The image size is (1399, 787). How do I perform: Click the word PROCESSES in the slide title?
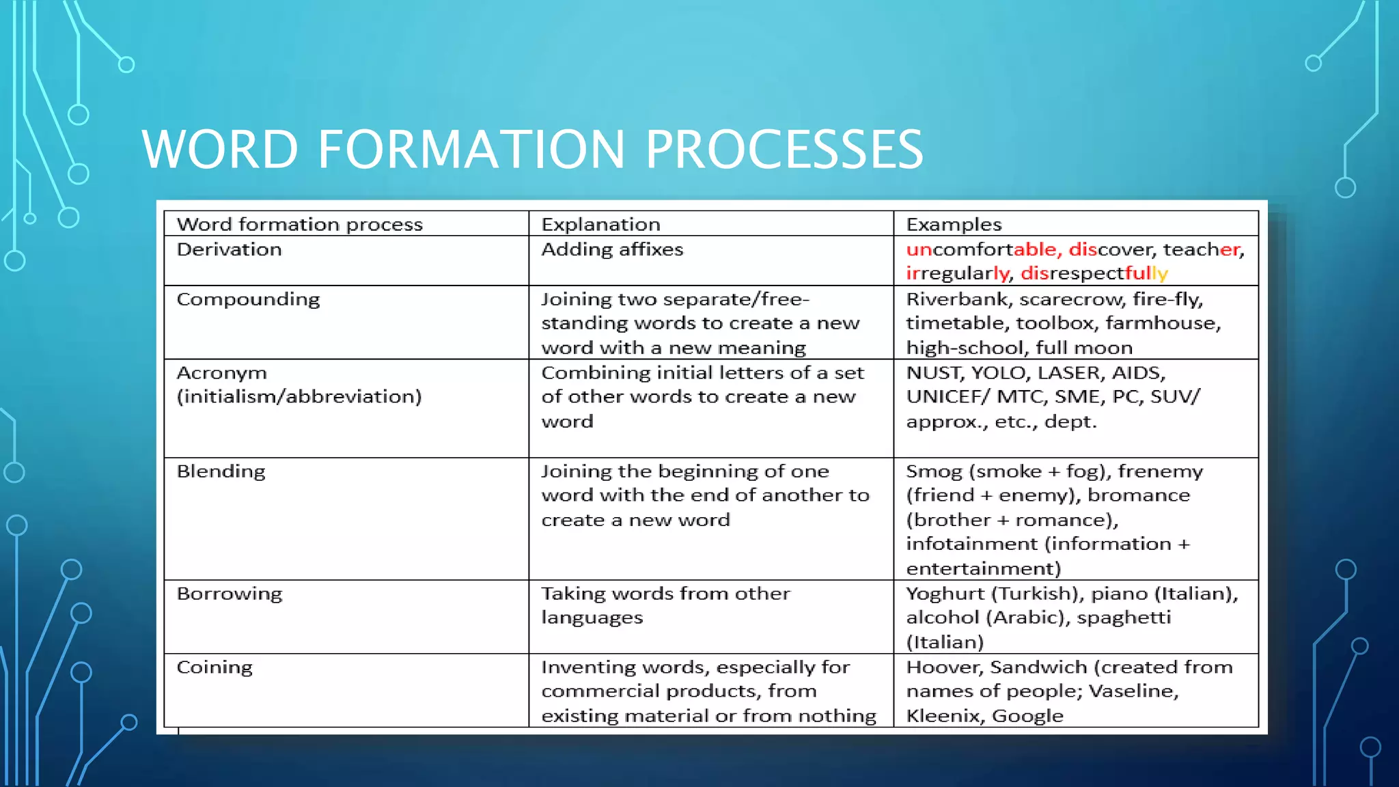tap(784, 150)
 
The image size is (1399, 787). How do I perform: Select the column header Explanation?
tap(600, 224)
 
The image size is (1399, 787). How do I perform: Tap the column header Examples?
tap(954, 224)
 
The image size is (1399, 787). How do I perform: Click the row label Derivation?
tap(229, 249)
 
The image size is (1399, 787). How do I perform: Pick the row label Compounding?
tap(248, 299)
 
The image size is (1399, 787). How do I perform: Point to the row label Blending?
tap(221, 471)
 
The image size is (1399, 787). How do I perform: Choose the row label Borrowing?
tap(229, 594)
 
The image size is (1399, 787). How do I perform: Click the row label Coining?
tap(214, 667)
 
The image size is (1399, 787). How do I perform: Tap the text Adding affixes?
tap(612, 249)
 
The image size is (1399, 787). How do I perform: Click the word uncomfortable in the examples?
tap(981, 249)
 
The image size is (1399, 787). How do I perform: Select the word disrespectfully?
tap(1094, 273)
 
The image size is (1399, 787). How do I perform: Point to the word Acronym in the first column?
tap(221, 373)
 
